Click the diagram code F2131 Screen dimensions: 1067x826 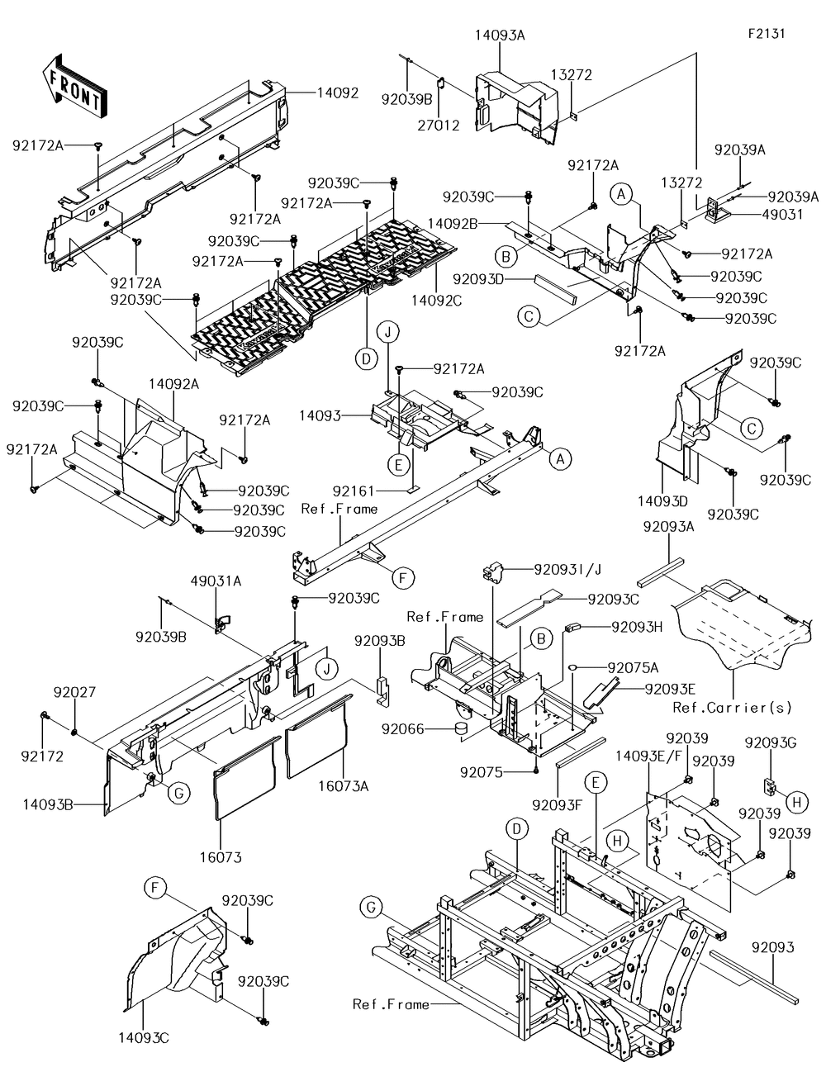tap(766, 35)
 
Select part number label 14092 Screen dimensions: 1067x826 tap(338, 93)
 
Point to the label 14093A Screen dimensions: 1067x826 tap(500, 35)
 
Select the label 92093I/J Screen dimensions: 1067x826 tap(567, 568)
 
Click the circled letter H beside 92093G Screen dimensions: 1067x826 tap(795, 800)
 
